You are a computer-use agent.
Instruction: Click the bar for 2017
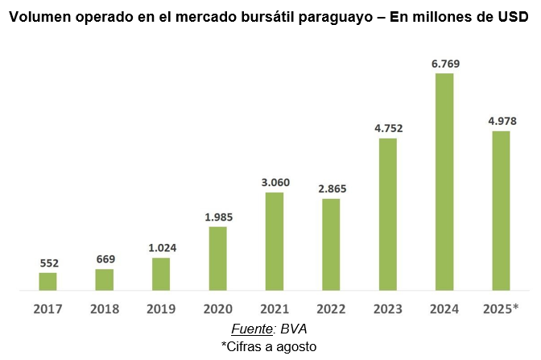click(47, 281)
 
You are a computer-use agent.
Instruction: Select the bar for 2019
click(161, 274)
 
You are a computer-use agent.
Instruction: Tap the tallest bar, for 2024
click(444, 181)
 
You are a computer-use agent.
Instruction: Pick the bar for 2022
click(331, 244)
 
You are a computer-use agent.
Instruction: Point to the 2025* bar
click(501, 210)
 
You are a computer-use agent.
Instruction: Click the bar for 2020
click(217, 258)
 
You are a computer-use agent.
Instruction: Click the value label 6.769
click(444, 64)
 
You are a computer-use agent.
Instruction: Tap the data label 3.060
click(275, 182)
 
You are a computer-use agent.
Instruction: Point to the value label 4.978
click(501, 121)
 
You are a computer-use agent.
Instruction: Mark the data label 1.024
click(161, 248)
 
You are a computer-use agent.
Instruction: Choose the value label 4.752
click(388, 128)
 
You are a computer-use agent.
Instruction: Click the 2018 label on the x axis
click(105, 308)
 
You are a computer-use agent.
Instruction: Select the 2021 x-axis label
click(275, 308)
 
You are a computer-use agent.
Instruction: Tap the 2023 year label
click(388, 308)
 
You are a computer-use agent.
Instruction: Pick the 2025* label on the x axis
click(501, 308)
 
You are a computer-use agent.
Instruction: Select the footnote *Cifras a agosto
click(269, 346)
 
